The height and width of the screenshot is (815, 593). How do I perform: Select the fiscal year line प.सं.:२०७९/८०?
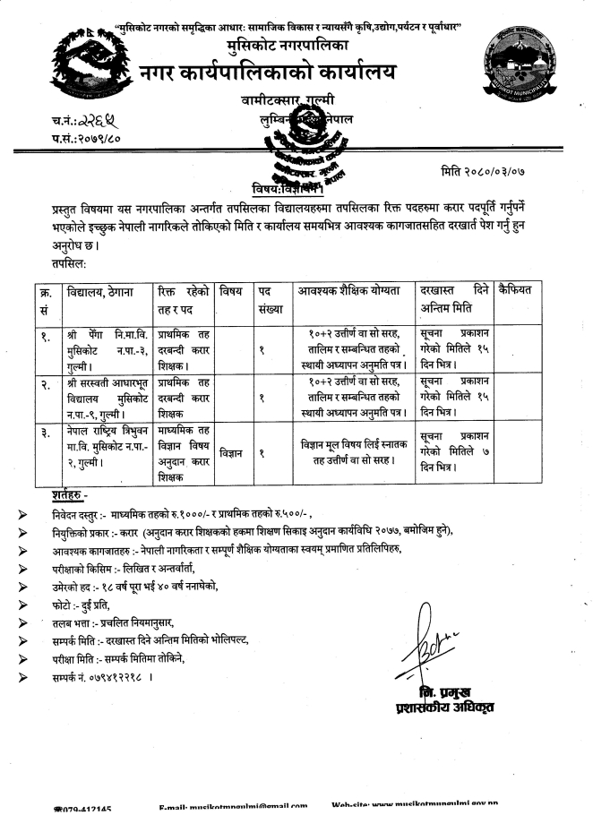[x=85, y=136]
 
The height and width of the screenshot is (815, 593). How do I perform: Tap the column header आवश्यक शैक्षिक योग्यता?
[x=352, y=290]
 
